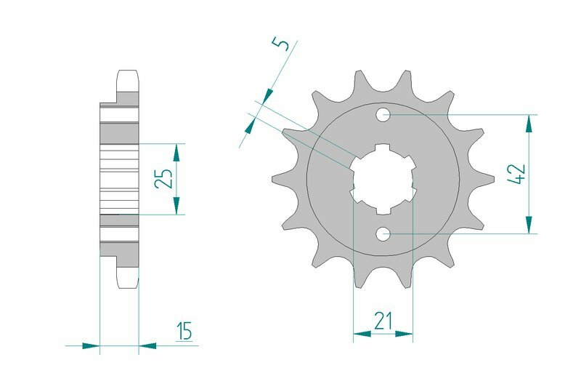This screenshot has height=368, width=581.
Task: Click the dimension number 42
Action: coord(517,175)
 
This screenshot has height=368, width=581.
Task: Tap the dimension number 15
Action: coord(184,332)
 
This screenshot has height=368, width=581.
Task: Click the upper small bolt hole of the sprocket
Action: coord(383,115)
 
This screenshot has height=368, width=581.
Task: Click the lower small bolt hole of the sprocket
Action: coord(383,233)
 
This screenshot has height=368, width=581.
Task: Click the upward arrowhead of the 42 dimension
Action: coord(529,124)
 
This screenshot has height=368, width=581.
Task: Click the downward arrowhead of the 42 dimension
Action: coord(529,225)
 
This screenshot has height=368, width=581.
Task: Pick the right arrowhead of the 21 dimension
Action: coord(405,335)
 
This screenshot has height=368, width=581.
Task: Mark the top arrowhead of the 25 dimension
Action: coord(176,152)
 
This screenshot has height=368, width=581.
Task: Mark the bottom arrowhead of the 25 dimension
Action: coord(176,206)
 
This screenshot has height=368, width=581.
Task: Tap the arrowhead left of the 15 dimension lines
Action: coord(90,345)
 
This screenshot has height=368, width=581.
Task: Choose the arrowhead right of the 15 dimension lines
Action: coord(147,345)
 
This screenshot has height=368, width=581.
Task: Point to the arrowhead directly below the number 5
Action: coord(267,95)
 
